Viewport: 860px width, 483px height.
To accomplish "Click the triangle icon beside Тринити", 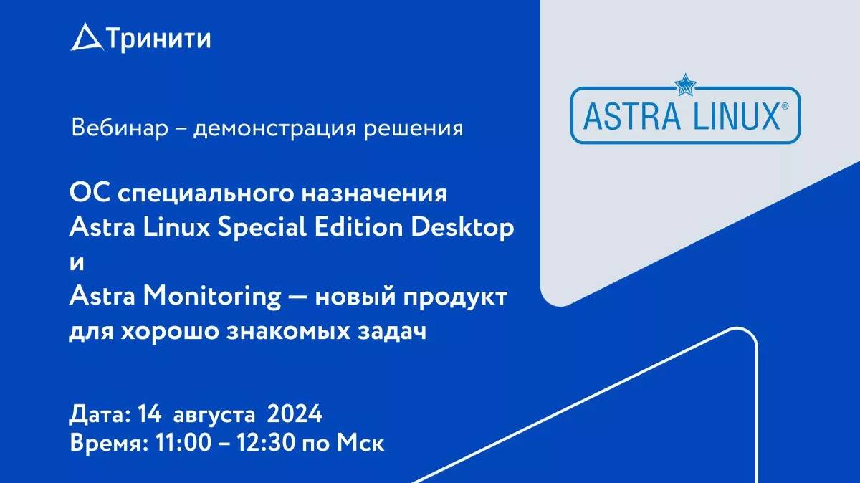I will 86,38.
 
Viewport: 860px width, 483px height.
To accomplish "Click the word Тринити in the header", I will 159,39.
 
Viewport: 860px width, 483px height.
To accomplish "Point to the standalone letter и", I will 77,263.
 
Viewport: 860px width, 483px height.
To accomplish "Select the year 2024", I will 295,416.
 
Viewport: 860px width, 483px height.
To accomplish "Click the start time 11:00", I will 183,443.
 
